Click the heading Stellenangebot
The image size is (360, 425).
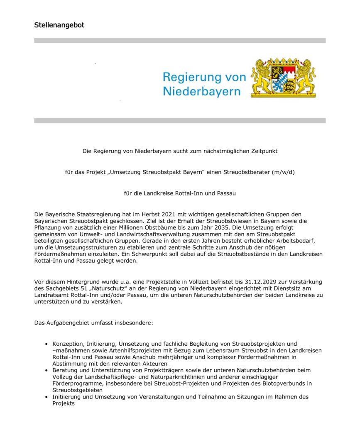pyautogui.click(x=59, y=25)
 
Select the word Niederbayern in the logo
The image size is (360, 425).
pyautogui.click(x=201, y=91)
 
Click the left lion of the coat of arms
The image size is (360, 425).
pyautogui.click(x=262, y=78)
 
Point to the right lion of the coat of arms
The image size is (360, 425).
pyautogui.click(x=306, y=78)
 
